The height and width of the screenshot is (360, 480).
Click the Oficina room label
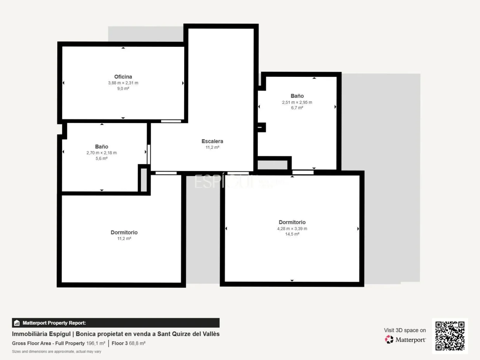(x=123, y=77)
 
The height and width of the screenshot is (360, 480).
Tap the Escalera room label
(x=212, y=141)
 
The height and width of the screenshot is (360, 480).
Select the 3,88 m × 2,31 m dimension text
(x=123, y=83)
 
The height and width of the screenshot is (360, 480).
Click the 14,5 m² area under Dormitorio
(x=292, y=234)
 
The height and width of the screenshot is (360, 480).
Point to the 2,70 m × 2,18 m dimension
(x=102, y=153)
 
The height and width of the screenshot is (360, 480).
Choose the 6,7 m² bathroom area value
(x=297, y=108)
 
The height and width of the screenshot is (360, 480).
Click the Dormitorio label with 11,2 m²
(x=124, y=233)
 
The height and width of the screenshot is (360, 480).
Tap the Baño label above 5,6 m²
(x=102, y=147)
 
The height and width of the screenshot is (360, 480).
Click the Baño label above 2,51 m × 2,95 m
(x=297, y=96)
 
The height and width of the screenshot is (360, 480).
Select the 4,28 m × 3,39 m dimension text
(x=292, y=229)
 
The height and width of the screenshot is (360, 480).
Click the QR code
(x=450, y=336)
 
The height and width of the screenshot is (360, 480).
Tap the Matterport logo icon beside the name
(x=389, y=339)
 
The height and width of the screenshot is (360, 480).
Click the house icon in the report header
(x=17, y=323)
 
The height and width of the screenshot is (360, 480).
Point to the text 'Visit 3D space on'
(x=405, y=330)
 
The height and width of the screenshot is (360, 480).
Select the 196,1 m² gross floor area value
(x=96, y=343)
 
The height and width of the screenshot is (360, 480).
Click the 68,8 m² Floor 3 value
(x=137, y=343)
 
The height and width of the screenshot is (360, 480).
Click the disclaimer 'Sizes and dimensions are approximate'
(x=56, y=352)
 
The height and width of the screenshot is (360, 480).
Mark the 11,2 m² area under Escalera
(x=212, y=147)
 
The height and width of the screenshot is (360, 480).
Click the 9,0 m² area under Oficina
(x=123, y=89)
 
